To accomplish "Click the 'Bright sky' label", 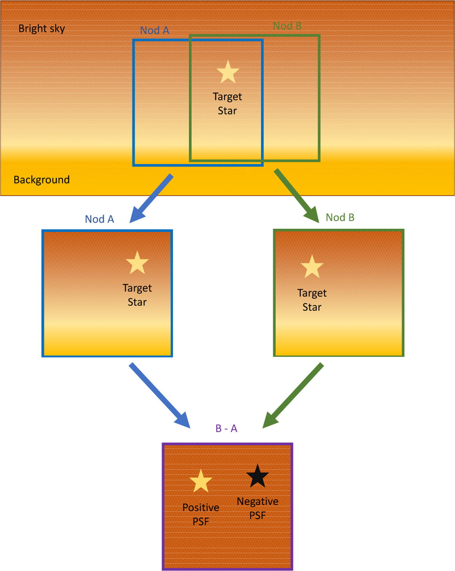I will click(x=42, y=29).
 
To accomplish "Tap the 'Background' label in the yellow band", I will click(x=42, y=179).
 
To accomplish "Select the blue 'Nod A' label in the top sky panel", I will click(x=155, y=30).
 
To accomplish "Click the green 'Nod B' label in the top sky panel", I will click(x=287, y=26).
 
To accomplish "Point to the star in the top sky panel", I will click(x=228, y=72).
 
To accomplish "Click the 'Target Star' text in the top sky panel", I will click(x=227, y=103).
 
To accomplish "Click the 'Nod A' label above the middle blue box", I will click(x=99, y=219).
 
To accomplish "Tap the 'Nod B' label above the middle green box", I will click(x=340, y=217).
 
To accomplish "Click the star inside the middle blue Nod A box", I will click(x=137, y=263).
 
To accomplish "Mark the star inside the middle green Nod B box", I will click(x=312, y=267).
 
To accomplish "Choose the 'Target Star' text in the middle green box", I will click(x=312, y=300).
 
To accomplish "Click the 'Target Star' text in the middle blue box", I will click(x=137, y=295).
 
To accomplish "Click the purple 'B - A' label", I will click(x=226, y=428).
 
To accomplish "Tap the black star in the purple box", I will click(x=257, y=476).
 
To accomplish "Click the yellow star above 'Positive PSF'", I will click(x=201, y=482).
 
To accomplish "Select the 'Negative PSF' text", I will click(x=257, y=508).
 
